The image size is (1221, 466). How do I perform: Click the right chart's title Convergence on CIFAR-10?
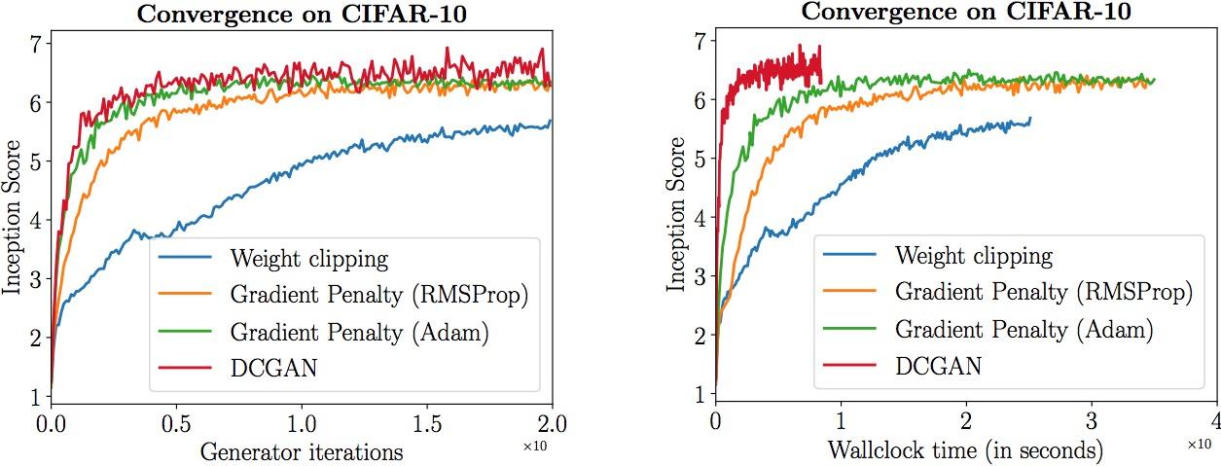pos(966,13)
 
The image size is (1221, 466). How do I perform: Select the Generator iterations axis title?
pos(301,451)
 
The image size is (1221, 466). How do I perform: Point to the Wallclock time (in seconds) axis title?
pos(965,451)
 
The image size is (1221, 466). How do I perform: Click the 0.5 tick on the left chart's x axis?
pos(175,425)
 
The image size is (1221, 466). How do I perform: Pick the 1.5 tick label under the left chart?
pos(426,425)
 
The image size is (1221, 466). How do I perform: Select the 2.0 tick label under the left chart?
pos(552,425)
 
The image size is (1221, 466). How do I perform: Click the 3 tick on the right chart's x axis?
pos(1092,423)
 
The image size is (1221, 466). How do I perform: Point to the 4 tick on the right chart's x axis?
pos(1216,423)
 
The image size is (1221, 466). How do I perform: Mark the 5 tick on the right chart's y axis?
pos(698,159)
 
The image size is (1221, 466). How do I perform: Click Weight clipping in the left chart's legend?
pos(308,259)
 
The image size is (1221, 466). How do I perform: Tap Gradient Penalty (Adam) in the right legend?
pos(1023,330)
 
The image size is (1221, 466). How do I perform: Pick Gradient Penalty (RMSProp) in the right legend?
pos(1042,293)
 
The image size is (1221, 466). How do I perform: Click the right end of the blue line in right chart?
pos(1029,119)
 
